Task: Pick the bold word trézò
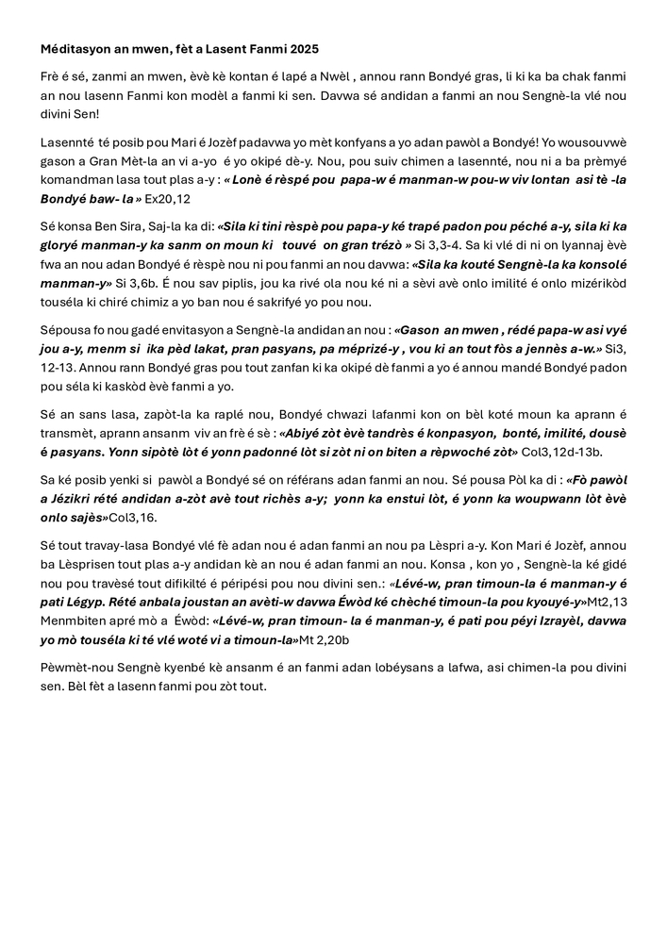coord(379,245)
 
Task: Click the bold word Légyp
coord(93,602)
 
